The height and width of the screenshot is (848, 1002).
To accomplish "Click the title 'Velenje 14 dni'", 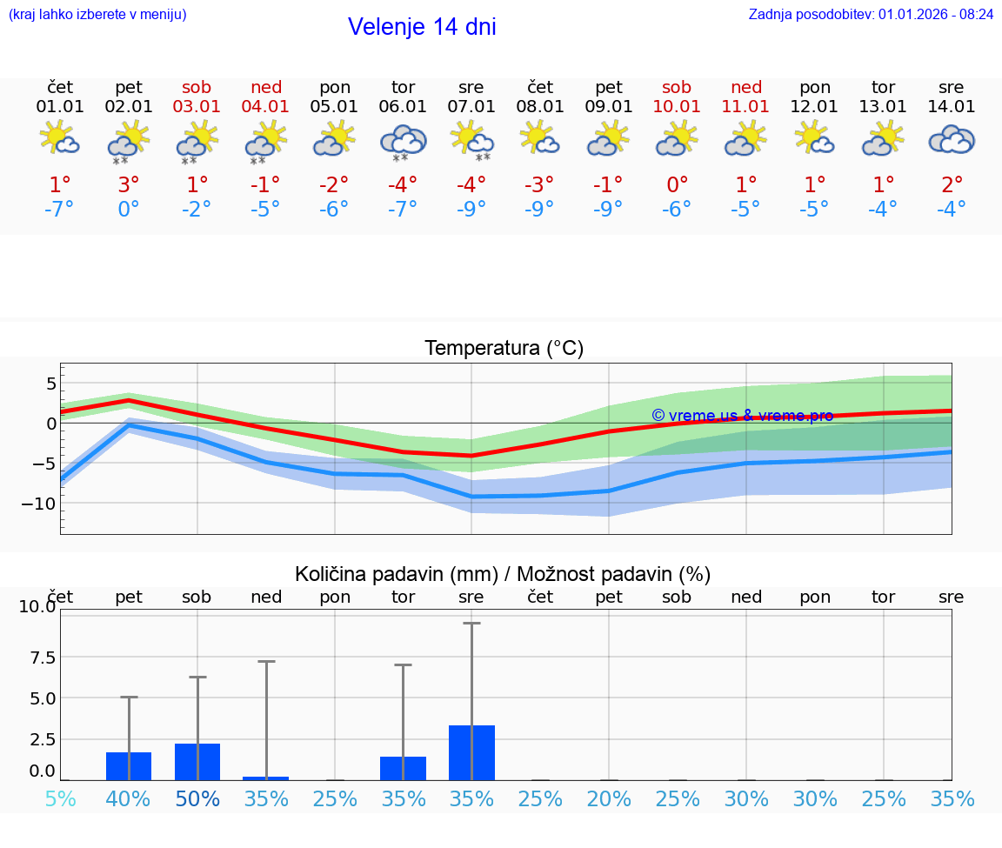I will coord(422,27).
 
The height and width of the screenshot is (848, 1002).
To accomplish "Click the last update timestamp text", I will coord(871,14).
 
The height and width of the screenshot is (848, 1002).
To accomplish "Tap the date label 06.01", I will coord(403,107).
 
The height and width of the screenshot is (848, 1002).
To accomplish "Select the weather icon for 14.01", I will coord(952,139).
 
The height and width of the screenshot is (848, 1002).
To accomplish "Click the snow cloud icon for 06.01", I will coord(403,141).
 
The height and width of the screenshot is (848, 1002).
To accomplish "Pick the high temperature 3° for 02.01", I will coord(129,185).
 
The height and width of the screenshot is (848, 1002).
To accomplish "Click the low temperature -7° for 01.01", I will coord(60,210).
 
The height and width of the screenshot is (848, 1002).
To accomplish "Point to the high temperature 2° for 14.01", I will coord(952,185).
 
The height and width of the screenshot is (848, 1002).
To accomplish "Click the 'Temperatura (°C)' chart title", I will coord(504,349).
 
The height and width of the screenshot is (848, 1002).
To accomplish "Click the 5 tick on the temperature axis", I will coord(51,384).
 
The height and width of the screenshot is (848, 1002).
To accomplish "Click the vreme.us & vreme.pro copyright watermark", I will coord(742,416).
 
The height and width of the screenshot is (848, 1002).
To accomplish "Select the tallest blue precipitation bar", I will coord(471,752).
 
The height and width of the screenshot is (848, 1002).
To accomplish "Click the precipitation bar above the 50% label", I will coord(197,762).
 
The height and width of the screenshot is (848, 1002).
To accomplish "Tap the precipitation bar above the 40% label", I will coord(129,766).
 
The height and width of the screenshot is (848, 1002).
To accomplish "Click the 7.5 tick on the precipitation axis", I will coord(37,657).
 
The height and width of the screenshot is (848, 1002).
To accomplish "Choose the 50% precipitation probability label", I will coord(197,799).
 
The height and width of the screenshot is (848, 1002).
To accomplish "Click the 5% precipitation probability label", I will coord(60,799).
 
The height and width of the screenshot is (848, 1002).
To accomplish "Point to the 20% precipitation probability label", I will coord(609,799).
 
